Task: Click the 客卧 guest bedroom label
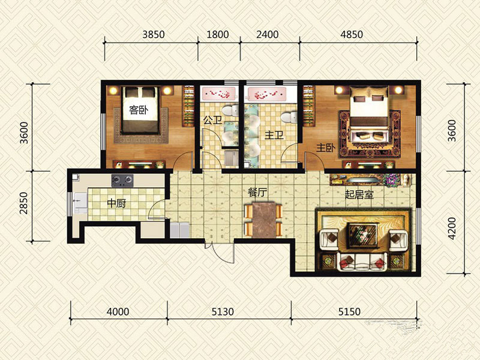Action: click(x=139, y=110)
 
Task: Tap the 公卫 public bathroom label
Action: click(x=212, y=120)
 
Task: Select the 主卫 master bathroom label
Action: click(x=274, y=135)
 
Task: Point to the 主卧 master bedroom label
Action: click(x=326, y=148)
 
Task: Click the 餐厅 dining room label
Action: click(x=257, y=193)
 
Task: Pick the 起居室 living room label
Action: click(x=359, y=194)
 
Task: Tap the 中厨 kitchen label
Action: click(x=116, y=203)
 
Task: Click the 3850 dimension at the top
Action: click(x=154, y=34)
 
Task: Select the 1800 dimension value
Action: click(x=218, y=34)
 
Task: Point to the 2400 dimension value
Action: click(x=267, y=34)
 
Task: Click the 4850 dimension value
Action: click(x=352, y=34)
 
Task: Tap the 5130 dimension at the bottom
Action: click(x=223, y=311)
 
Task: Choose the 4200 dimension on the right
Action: click(x=452, y=229)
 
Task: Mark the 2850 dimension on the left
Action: click(x=23, y=203)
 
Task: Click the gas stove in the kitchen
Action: click(x=122, y=181)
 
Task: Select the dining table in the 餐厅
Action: click(x=263, y=219)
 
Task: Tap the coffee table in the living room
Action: click(x=363, y=235)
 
